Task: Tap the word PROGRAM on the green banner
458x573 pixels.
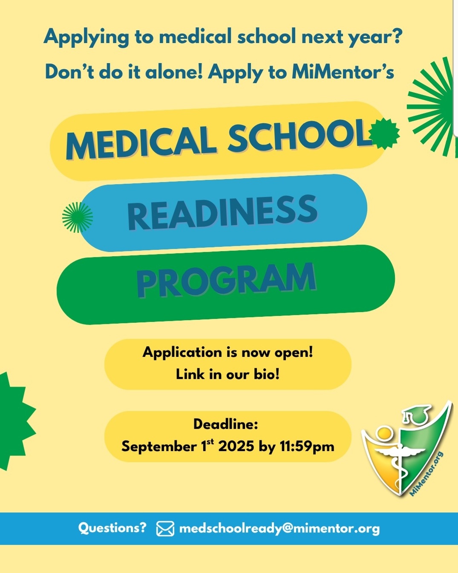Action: [x=226, y=280]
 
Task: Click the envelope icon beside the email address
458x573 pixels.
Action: [x=165, y=528]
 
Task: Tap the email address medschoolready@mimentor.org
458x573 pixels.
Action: [x=279, y=528]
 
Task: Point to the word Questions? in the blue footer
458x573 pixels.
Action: [x=112, y=527]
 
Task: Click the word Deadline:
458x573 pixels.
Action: [x=226, y=424]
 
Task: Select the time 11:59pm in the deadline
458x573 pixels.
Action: [x=307, y=446]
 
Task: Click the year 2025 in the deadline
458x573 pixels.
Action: [x=236, y=446]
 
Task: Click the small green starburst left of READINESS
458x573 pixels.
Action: [x=77, y=217]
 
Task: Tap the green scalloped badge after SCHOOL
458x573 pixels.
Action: [x=385, y=134]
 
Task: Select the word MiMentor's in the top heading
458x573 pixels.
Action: [x=343, y=72]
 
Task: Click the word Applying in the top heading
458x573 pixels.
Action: [x=86, y=37]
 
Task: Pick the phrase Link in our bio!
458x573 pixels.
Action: [x=228, y=375]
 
